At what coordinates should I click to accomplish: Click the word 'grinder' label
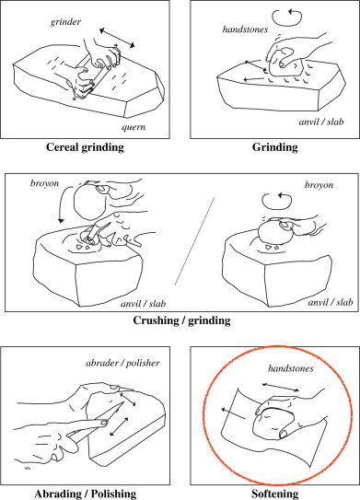click(x=65, y=22)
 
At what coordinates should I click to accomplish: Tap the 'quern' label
click(x=134, y=127)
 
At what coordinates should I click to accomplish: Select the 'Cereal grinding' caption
click(x=85, y=147)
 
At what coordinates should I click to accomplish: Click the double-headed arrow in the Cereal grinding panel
click(x=117, y=38)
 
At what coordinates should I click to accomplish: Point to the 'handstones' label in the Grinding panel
click(x=245, y=29)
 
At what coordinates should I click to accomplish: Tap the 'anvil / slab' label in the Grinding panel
click(x=321, y=122)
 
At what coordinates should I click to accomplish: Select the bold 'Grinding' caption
click(x=275, y=147)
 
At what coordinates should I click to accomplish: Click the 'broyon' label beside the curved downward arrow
click(x=44, y=183)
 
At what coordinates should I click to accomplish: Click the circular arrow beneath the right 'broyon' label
click(x=277, y=201)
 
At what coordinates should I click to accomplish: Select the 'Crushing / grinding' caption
click(x=181, y=320)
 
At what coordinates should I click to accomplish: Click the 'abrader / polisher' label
click(x=122, y=363)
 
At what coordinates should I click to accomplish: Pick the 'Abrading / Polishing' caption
click(x=86, y=494)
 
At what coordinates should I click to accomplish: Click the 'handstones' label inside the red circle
click(x=291, y=368)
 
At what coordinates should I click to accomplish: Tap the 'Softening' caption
click(x=275, y=494)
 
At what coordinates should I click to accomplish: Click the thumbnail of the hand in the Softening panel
click(x=284, y=434)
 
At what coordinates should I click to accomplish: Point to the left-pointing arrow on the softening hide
click(x=234, y=413)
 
